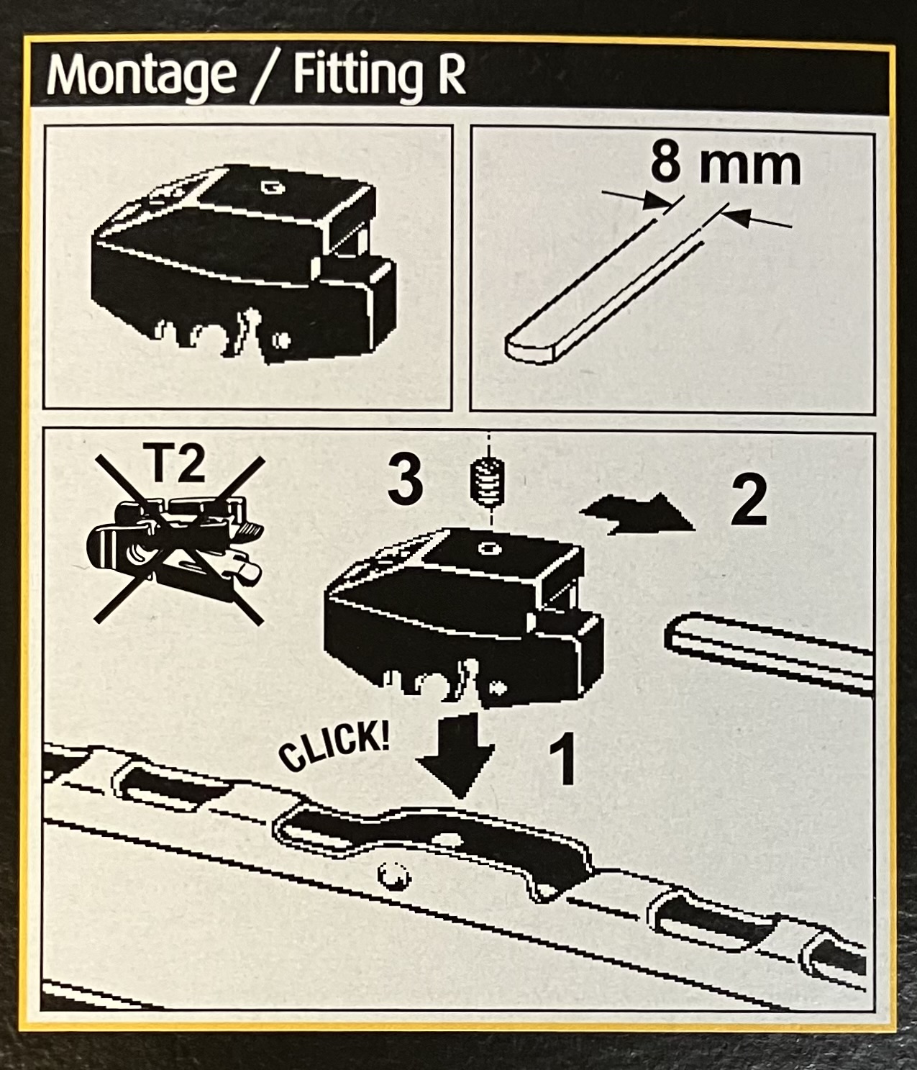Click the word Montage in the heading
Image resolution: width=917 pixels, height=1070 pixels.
click(x=141, y=76)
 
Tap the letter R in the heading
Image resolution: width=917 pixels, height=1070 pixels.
click(x=450, y=76)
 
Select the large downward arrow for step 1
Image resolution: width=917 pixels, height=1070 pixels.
click(x=455, y=756)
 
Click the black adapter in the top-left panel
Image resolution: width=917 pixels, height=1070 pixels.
click(x=243, y=264)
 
